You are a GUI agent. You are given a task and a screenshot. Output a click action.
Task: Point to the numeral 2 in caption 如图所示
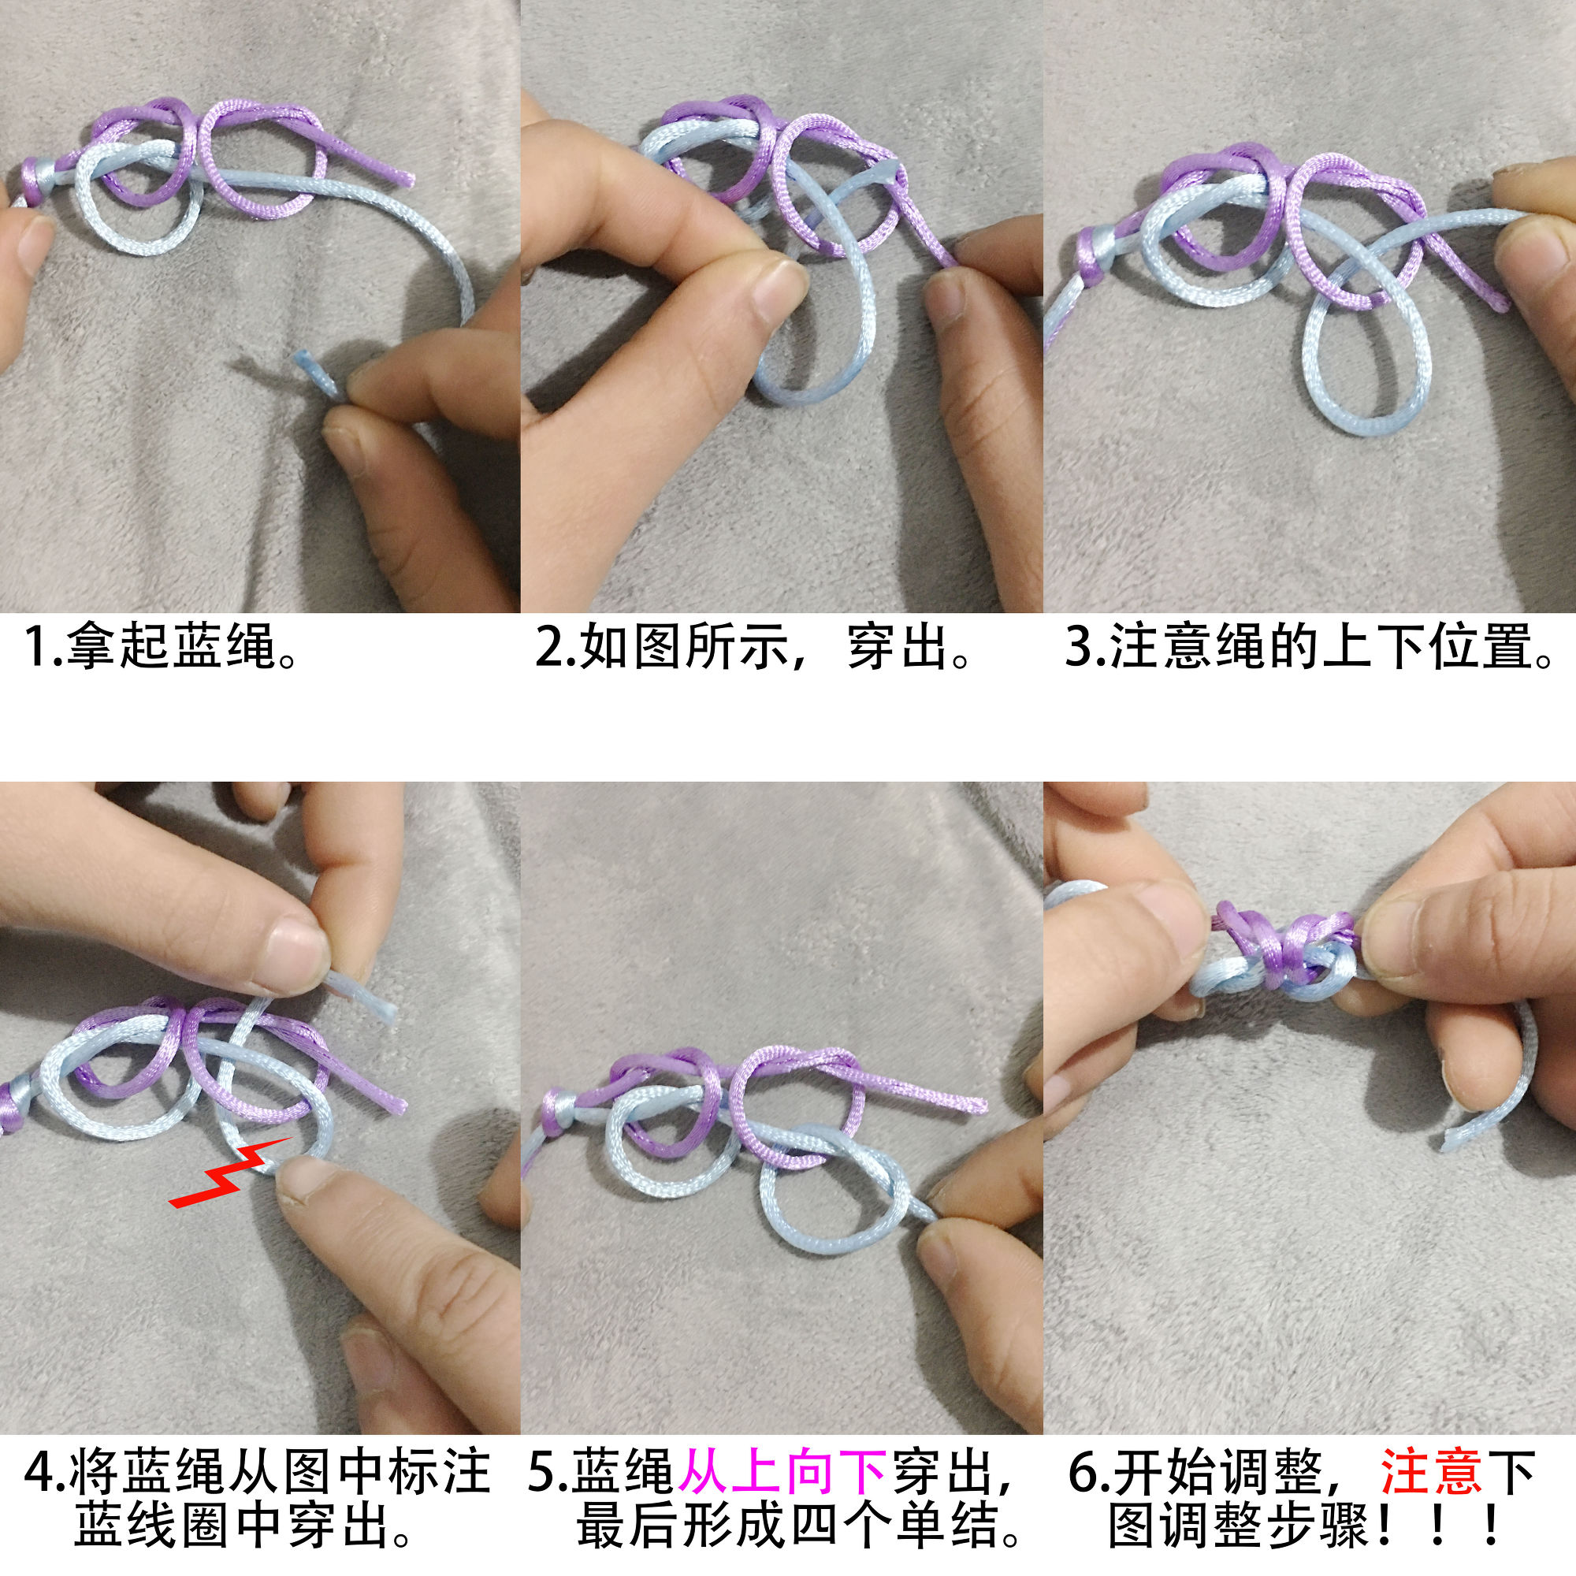click(548, 646)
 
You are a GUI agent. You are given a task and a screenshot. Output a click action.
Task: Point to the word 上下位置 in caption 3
click(1428, 646)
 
